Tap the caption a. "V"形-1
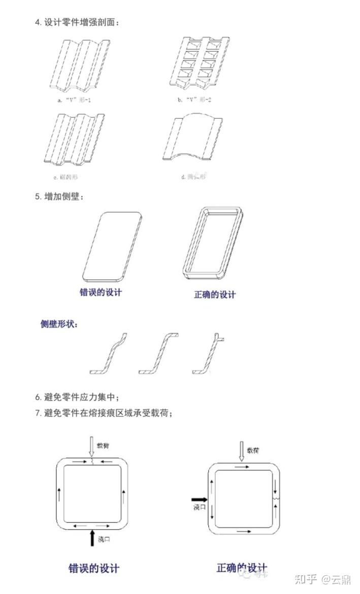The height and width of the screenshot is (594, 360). click(x=74, y=100)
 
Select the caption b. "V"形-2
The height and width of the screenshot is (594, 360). click(x=194, y=100)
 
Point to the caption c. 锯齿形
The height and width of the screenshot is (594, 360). click(x=66, y=177)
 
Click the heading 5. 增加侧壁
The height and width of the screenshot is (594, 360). click(x=59, y=196)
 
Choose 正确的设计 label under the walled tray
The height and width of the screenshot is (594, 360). click(x=215, y=294)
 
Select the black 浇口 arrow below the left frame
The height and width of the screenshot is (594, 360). click(x=91, y=537)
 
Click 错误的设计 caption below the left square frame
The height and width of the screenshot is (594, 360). click(x=94, y=568)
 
